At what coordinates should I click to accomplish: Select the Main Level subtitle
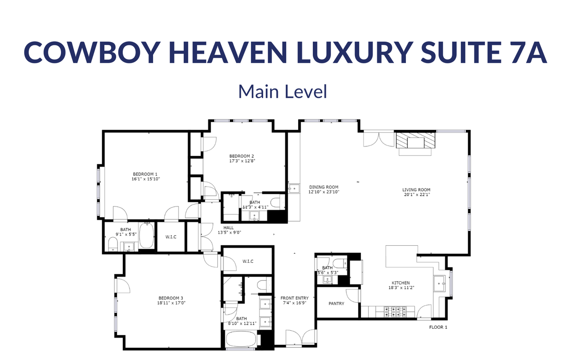[283, 92]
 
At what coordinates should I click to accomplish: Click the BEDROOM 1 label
[145, 174]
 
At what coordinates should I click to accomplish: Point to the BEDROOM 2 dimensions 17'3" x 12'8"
[242, 161]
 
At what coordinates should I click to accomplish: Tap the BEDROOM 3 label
[171, 298]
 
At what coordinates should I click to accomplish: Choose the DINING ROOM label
[324, 187]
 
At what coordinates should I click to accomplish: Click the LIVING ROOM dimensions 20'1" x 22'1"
[417, 195]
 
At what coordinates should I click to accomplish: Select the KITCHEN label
[401, 283]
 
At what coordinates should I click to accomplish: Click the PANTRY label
[336, 303]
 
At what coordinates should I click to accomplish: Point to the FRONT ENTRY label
[294, 298]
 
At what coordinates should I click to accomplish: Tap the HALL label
[229, 228]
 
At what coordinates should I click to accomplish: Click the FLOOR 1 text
[438, 327]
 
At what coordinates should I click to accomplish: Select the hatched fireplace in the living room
[416, 140]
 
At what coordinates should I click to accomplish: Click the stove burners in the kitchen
[395, 312]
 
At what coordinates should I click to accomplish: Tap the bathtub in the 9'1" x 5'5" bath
[146, 236]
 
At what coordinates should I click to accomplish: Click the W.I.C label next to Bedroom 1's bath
[171, 237]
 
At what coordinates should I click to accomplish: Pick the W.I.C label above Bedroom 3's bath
[248, 261]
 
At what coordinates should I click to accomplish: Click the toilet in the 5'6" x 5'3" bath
[340, 263]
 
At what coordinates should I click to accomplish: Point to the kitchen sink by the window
[439, 283]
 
